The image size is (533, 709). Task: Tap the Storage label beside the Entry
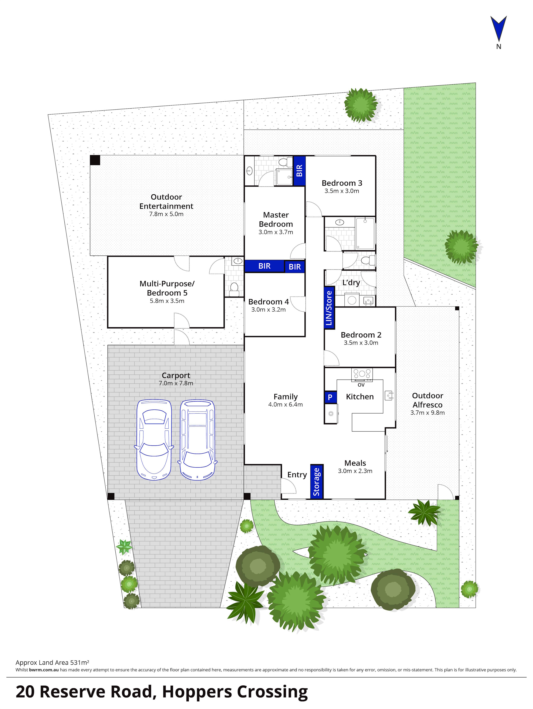[x=316, y=481]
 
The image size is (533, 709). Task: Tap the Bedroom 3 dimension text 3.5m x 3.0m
[x=342, y=191]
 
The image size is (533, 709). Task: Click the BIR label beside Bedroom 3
[x=299, y=171]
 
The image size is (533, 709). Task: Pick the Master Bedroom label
[x=276, y=220]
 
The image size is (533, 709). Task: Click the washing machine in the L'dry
[x=352, y=300]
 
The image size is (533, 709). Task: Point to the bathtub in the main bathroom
[x=365, y=233]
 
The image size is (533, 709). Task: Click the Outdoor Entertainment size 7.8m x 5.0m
[x=166, y=214]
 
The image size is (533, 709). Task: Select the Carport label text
[x=176, y=375]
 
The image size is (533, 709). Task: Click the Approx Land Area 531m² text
[x=52, y=663]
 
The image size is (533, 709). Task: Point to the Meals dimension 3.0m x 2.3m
[x=355, y=471]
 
